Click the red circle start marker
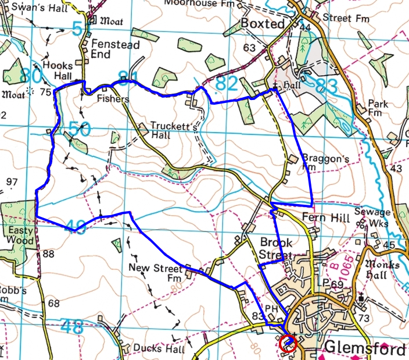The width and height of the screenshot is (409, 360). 288,343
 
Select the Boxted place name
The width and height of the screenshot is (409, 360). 263,24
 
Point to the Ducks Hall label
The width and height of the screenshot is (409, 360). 159,349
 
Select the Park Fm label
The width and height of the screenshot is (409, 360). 378,108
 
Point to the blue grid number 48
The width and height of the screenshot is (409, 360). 72,327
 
